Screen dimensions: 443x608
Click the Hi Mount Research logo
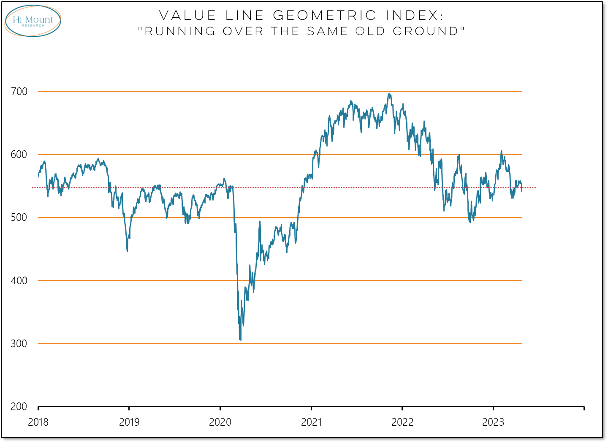click(33, 21)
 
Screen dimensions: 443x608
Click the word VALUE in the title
click(187, 16)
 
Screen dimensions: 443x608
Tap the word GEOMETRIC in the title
click(325, 16)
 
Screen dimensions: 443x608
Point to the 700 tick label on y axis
click(19, 92)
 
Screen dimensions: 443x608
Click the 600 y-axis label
click(19, 155)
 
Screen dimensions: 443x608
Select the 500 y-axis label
click(19, 217)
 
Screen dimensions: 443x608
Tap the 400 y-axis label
click(19, 280)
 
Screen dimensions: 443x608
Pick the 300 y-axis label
click(19, 344)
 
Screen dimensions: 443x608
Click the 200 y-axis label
click(19, 407)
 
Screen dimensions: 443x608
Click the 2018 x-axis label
click(38, 422)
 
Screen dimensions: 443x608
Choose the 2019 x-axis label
click(129, 422)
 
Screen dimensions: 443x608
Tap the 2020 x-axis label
click(220, 422)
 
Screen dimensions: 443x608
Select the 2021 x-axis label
click(311, 422)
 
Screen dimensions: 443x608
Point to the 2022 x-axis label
click(402, 422)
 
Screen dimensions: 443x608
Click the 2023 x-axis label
click(493, 422)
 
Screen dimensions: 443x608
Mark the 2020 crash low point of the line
click(240, 340)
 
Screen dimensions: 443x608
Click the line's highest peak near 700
click(389, 94)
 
